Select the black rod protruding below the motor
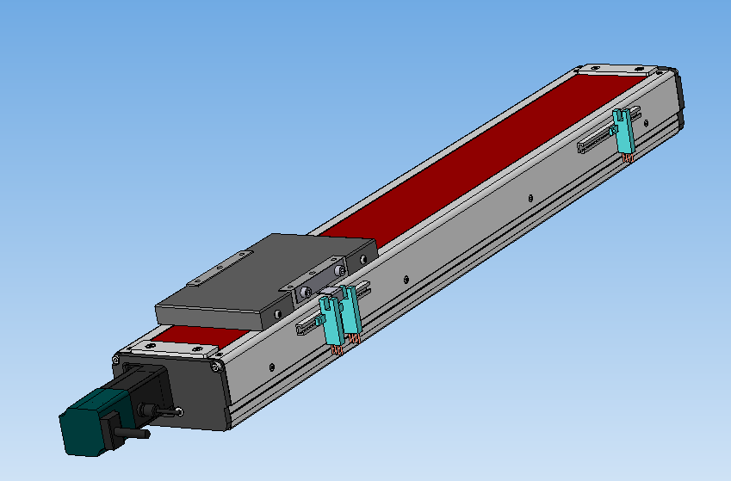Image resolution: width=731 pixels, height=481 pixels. (129, 433)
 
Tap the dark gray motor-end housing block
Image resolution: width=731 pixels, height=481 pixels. (189, 392)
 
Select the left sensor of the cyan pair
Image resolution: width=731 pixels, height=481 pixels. (331, 320)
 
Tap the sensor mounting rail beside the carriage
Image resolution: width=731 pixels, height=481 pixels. (310, 325)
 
